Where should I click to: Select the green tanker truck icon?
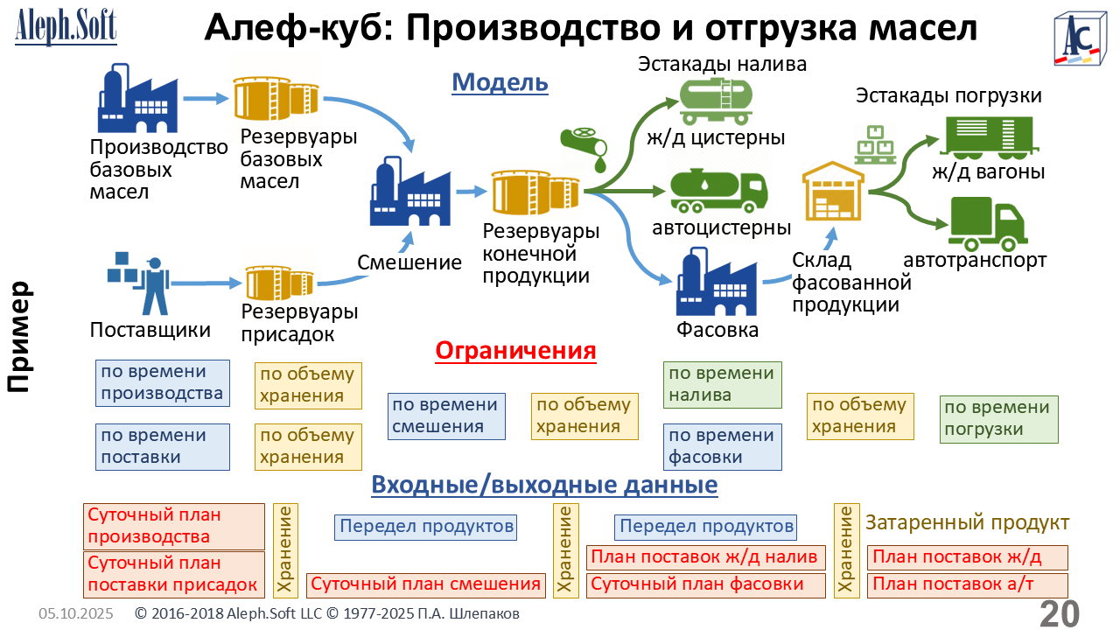pos(718,191)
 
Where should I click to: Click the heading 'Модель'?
pos(500,82)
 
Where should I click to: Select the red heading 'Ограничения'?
pos(515,351)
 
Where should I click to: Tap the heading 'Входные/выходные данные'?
pos(544,485)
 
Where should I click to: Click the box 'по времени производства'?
pos(162,383)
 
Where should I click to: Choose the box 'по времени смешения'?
pos(446,416)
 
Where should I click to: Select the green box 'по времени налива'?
pos(722,384)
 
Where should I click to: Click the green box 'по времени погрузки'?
pos(998,419)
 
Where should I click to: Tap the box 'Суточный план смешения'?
pos(426,584)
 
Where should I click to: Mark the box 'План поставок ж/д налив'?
pos(707,557)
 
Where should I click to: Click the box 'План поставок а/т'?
pos(967,584)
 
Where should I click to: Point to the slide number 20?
pos(1059,613)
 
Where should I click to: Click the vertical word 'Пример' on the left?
pos(18,337)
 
